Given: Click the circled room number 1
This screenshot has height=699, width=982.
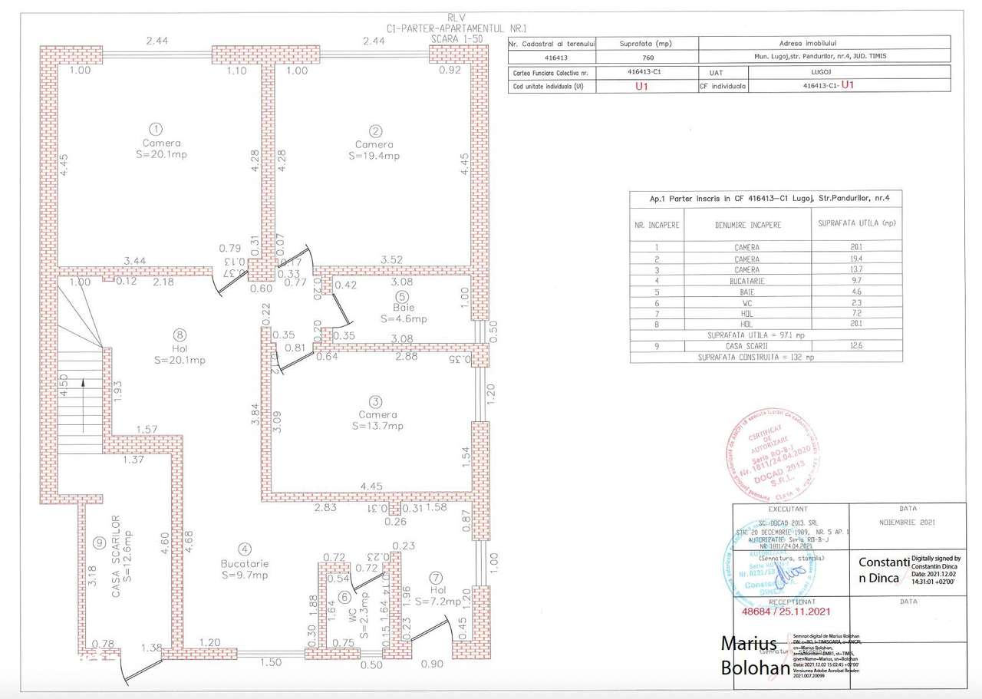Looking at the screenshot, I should (x=156, y=128).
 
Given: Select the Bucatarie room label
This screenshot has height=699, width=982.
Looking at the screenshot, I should (x=244, y=562).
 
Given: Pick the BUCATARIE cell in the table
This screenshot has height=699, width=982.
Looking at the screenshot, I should (x=746, y=281).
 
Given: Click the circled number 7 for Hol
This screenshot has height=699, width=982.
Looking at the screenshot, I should (x=435, y=577).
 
